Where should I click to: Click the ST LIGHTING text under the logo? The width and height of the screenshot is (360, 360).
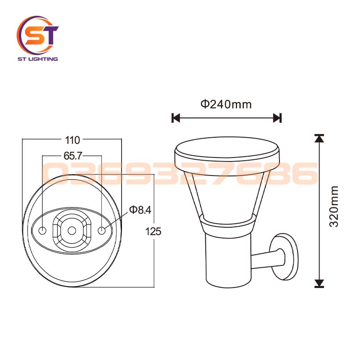point(38,59)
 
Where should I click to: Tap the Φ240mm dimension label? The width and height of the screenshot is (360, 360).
point(226,104)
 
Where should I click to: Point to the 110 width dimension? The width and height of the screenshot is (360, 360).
point(72,140)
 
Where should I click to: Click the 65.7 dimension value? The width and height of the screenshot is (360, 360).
point(72,156)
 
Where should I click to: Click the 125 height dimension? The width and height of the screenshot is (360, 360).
point(154,231)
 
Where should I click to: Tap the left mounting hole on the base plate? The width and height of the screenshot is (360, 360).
point(42,231)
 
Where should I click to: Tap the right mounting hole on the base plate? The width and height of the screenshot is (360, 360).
point(102,231)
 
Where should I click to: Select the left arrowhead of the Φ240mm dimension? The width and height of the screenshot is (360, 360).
point(176,118)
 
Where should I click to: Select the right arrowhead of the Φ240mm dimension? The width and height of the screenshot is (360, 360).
point(278,118)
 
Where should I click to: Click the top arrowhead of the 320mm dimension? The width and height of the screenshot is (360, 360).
point(319,138)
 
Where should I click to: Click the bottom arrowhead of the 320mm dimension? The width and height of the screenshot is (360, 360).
point(319,283)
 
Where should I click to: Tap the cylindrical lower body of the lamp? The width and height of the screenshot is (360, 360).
point(227,256)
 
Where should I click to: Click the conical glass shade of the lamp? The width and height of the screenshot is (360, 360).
point(227,193)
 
